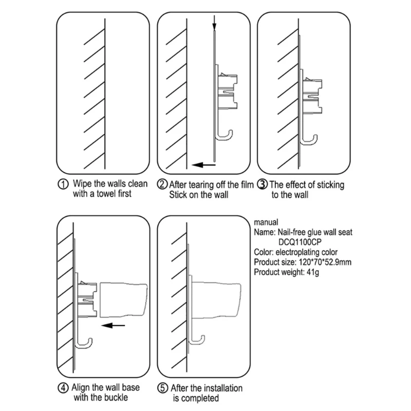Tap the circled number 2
pyautogui.click(x=162, y=184)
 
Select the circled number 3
pyautogui.click(x=261, y=184)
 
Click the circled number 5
pyautogui.click(x=163, y=389)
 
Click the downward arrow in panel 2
pyautogui.click(x=215, y=23)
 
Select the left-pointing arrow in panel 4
pyautogui.click(x=114, y=325)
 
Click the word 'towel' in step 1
pyautogui.click(x=106, y=194)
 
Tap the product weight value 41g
pyautogui.click(x=314, y=272)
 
